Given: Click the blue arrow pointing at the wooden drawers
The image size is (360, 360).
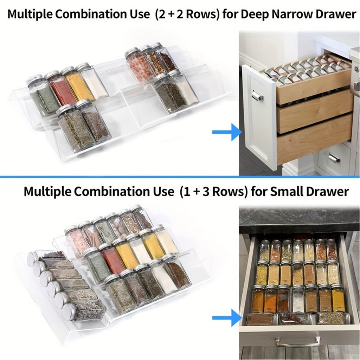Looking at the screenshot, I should pyautogui.click(x=226, y=132).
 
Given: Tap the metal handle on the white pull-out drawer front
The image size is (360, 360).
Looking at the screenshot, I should pyautogui.click(x=257, y=95).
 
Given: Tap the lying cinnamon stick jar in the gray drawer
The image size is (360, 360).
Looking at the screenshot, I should pyautogui.click(x=260, y=319).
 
